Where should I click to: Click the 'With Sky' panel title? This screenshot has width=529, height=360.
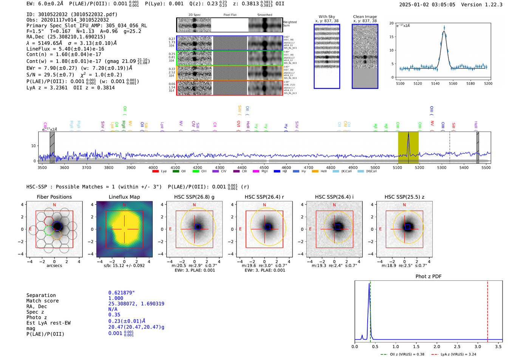tap(326, 17)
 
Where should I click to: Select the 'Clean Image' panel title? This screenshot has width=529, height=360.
tap(365, 17)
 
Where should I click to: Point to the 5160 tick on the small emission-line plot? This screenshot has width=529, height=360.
tap(453, 83)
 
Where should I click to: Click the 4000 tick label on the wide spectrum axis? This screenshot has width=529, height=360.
tap(153, 168)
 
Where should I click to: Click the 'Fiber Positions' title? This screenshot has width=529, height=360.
tap(54, 197)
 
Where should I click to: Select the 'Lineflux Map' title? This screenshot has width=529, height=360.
tap(124, 197)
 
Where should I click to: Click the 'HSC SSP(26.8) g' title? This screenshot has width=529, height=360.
tap(194, 197)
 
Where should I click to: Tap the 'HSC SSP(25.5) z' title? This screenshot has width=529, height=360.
tap(404, 197)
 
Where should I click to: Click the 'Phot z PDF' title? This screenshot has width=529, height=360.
tap(428, 277)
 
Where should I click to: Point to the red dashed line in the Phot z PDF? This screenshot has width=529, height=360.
tap(487, 310)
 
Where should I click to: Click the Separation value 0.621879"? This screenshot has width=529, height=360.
tap(121, 293)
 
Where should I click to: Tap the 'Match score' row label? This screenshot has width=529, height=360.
tap(42, 301)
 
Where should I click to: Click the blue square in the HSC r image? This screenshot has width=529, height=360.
tap(268, 227)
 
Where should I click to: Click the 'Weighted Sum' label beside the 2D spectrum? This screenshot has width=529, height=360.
tap(289, 24)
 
